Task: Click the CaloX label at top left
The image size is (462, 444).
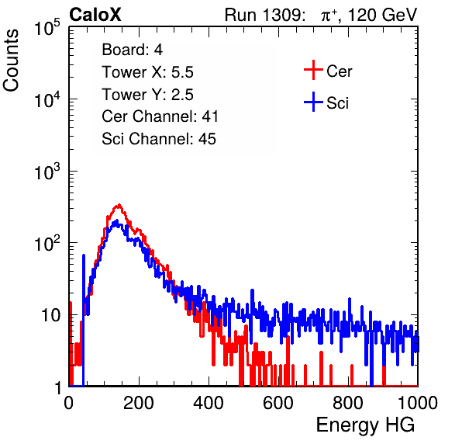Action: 95,15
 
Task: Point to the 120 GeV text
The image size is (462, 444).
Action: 382,15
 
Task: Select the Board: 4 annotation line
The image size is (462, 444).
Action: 132,50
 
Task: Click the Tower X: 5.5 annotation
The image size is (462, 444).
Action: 147,72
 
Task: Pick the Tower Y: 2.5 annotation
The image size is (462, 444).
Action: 147,95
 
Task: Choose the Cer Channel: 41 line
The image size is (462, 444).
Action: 160,116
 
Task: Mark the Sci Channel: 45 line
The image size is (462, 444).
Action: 159,139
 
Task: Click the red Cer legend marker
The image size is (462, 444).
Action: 313,70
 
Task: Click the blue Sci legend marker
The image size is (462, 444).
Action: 313,102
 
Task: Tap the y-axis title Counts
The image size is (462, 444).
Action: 11,61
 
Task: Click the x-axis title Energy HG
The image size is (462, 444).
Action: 365,425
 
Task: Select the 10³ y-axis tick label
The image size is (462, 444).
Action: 47,172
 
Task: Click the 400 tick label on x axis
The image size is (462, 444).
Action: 209,403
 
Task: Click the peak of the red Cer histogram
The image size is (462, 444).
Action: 119,204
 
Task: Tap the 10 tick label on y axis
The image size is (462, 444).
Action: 51,316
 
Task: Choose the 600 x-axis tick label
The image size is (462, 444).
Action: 278,403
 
